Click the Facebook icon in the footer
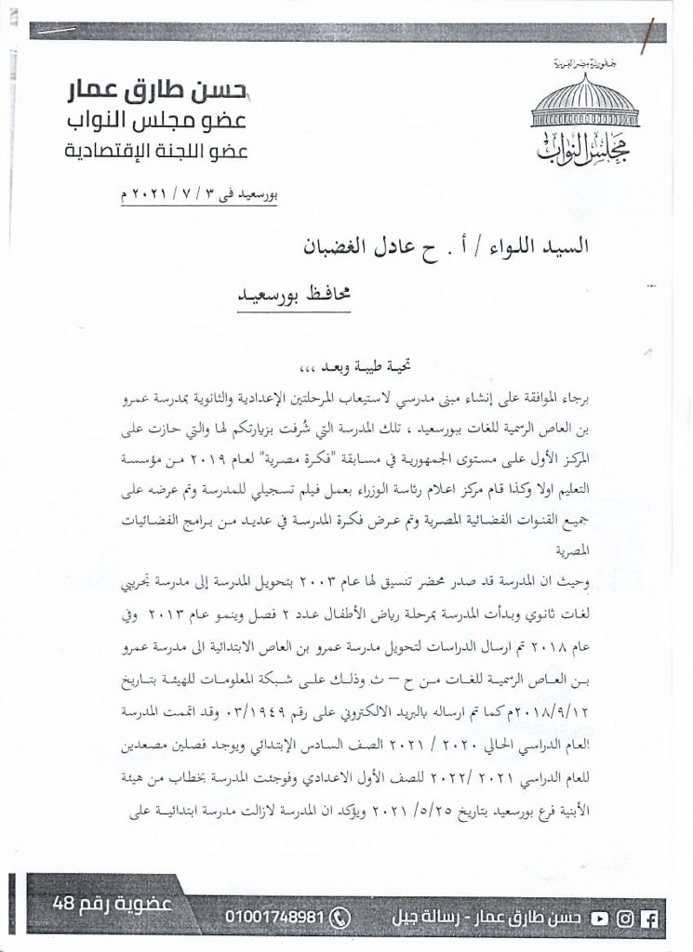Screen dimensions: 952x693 click(x=650, y=916)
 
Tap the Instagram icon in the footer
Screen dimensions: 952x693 click(x=625, y=916)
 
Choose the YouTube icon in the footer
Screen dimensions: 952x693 click(x=600, y=916)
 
